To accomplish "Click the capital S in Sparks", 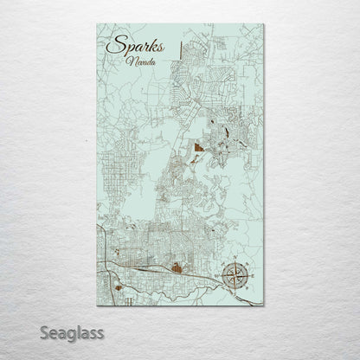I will [110, 48].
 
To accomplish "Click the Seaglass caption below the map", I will [71, 331].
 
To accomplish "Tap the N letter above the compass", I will [234, 260].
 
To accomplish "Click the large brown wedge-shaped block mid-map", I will [199, 148].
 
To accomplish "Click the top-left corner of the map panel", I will [97, 24].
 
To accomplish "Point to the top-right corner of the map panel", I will [263, 24].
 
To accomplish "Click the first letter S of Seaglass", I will [44, 331].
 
